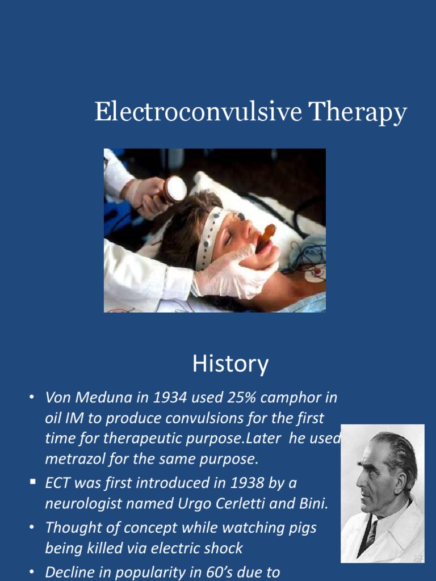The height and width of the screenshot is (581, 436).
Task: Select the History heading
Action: pyautogui.click(x=230, y=364)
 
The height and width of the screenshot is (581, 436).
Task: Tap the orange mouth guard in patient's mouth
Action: pyautogui.click(x=266, y=235)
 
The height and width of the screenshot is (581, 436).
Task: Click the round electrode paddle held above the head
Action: pyautogui.click(x=175, y=189)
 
